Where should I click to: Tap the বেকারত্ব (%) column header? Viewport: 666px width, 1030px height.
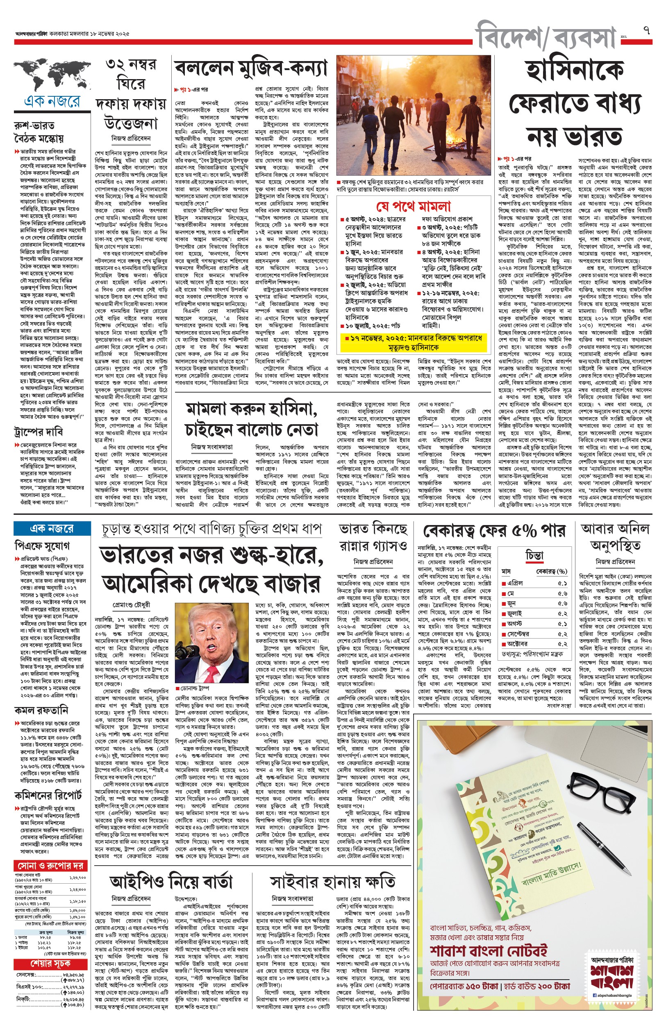[x=551, y=571]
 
